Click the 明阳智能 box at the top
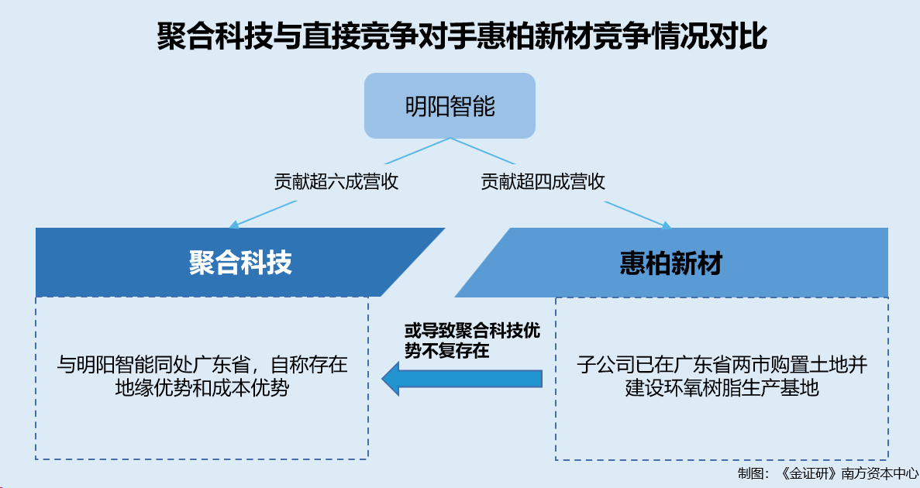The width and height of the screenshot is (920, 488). [x=450, y=105]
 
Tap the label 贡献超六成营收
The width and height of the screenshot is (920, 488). [x=336, y=181]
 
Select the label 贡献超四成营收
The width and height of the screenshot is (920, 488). [x=543, y=181]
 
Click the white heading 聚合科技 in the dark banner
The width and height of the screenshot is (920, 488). [x=240, y=262]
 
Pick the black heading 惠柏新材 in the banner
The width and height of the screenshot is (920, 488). [x=670, y=262]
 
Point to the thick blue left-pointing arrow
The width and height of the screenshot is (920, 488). [x=462, y=379]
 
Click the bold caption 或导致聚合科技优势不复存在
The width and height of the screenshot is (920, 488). [x=472, y=340]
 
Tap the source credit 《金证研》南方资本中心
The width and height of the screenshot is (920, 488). [x=849, y=473]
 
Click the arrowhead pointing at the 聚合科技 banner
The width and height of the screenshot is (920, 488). [x=233, y=225]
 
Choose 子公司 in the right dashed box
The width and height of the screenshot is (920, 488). [x=605, y=365]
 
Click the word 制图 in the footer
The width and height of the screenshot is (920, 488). [x=749, y=473]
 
